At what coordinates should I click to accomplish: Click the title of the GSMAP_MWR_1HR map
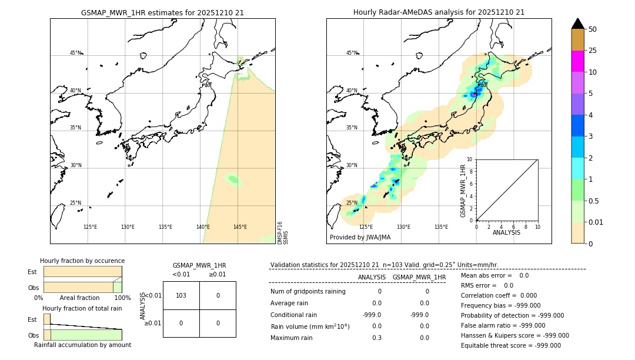pos(162,12)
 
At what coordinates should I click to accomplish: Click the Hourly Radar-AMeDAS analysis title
pos(439,12)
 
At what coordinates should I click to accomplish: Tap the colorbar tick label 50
pos(593,29)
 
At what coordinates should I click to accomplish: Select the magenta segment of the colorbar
pos(577,61)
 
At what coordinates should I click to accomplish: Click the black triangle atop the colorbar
pos(577,24)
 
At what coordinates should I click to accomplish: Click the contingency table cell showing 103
pos(181,295)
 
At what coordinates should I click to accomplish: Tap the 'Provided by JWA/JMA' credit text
pos(360,238)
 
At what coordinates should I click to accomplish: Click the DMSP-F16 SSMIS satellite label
pos(283,233)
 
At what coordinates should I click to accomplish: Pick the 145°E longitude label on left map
pos(240,227)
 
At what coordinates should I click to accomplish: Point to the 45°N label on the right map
pos(352,53)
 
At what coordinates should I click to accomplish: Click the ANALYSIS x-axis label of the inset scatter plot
pos(506,233)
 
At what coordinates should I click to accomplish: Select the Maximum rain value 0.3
pos(376,338)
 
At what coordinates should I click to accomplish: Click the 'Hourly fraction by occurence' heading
pos(82,261)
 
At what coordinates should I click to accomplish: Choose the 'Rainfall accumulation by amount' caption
pos(82,345)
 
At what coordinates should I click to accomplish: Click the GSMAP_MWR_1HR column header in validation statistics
pos(419,277)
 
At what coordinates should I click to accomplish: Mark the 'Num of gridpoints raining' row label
pos(308,291)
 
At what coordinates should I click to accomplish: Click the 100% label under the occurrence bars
pos(122,298)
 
